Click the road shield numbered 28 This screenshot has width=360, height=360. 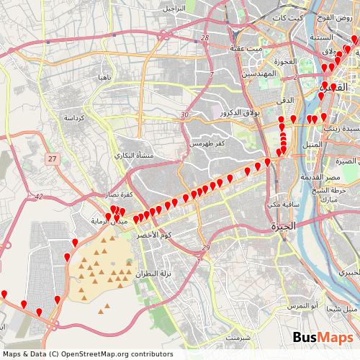coord(205,37)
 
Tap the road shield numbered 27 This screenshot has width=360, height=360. coord(51,158)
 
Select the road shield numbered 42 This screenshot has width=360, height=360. coord(37,196)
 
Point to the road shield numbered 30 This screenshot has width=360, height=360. coord(185,114)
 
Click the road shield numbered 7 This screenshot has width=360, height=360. coord(211,75)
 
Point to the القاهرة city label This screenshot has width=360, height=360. coord(336,89)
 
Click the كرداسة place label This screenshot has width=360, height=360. coord(75,117)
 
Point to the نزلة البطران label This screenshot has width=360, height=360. coord(154,277)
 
